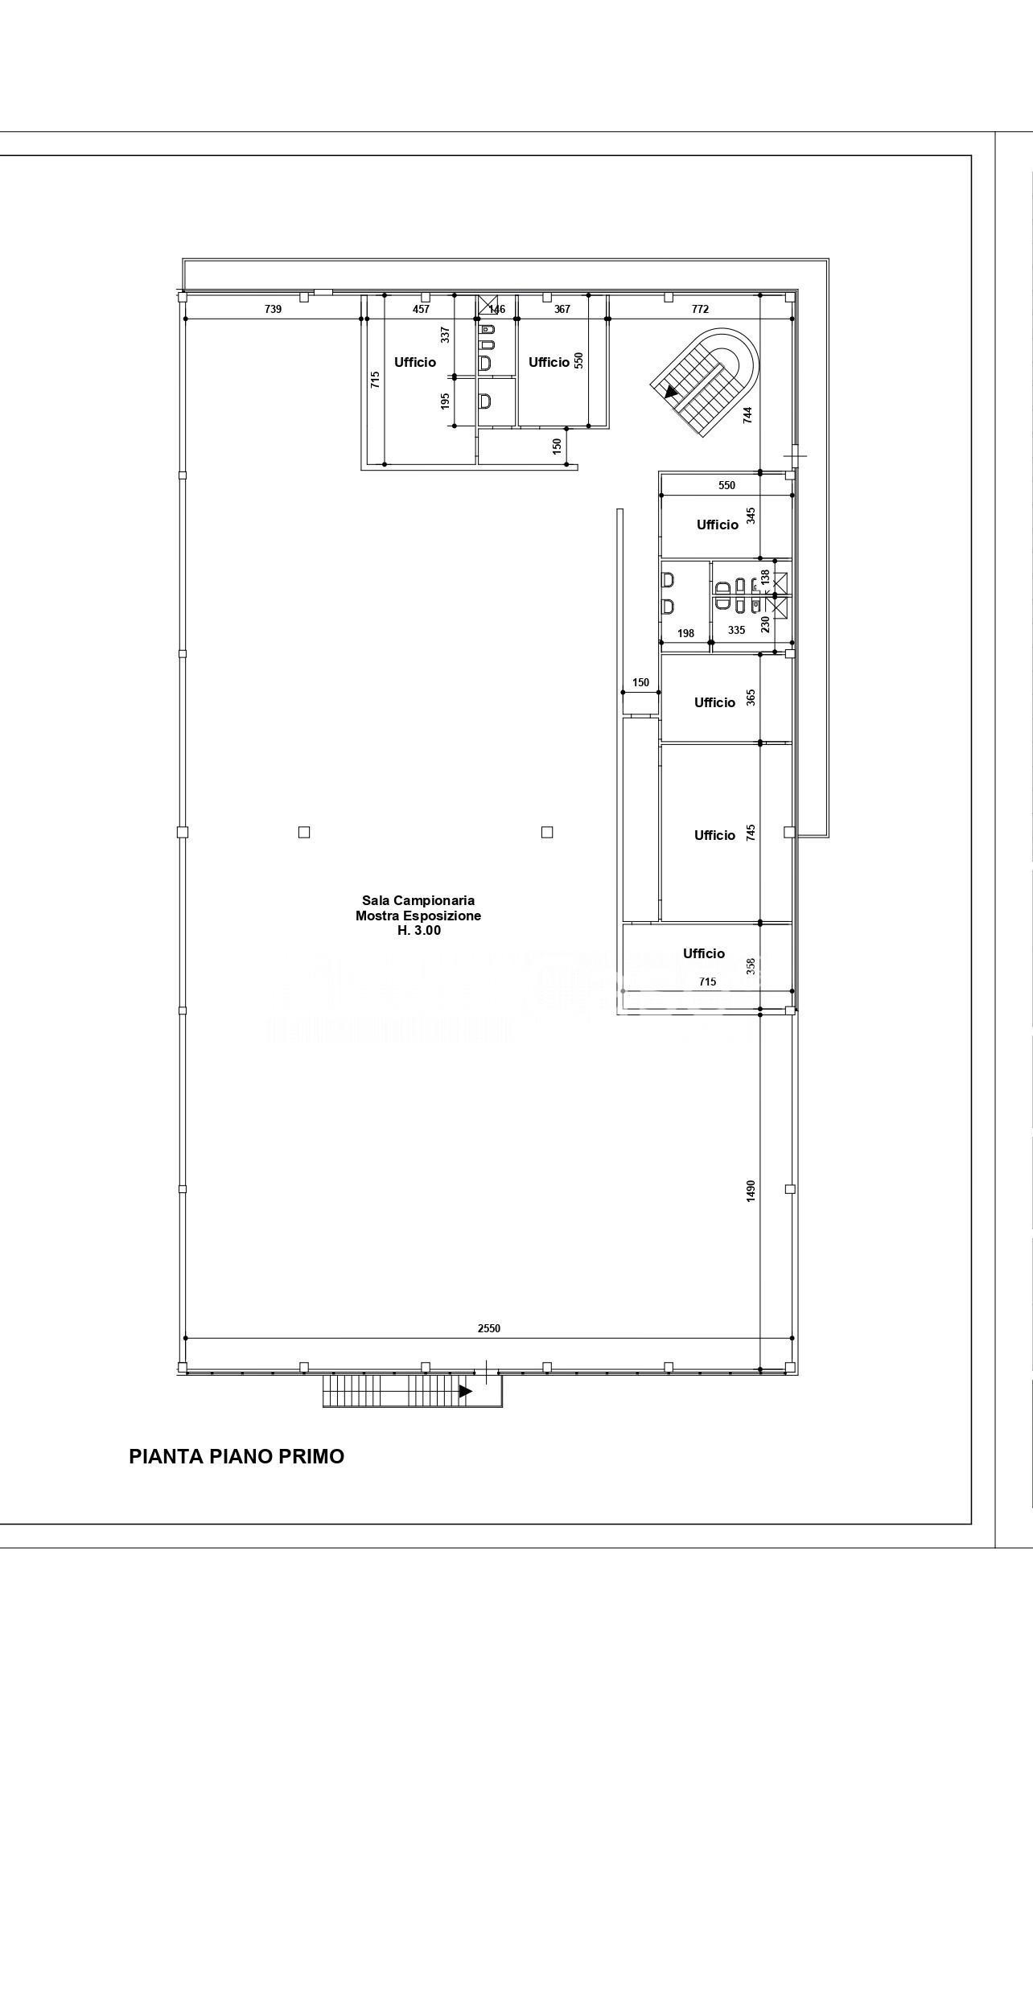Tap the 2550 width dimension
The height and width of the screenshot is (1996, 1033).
[x=489, y=1328]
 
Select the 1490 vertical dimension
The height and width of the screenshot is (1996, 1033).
[x=751, y=1191]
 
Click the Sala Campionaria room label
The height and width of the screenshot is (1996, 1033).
[x=418, y=901]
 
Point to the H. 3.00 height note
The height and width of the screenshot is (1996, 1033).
[x=419, y=931]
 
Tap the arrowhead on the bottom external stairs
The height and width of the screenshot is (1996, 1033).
[x=465, y=1391]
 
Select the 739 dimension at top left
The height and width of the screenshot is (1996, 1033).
[x=274, y=309]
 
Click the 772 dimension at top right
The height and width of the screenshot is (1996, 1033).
[x=700, y=309]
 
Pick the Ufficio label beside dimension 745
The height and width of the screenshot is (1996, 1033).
[x=714, y=835]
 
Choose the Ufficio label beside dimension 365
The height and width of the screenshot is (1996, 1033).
[x=714, y=702]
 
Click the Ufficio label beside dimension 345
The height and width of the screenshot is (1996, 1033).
[x=718, y=525]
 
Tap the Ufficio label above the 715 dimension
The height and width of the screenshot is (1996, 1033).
[x=704, y=953]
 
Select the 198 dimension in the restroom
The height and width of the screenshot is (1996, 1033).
[x=685, y=633]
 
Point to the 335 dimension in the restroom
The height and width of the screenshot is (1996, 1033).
[x=737, y=631]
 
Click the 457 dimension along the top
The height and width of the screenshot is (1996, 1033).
[x=422, y=309]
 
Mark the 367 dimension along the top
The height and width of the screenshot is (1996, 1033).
[x=562, y=309]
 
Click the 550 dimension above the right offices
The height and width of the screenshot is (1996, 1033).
[x=726, y=485]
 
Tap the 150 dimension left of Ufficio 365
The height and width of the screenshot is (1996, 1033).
[x=640, y=683]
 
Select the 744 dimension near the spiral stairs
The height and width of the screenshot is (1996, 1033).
[x=748, y=415]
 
